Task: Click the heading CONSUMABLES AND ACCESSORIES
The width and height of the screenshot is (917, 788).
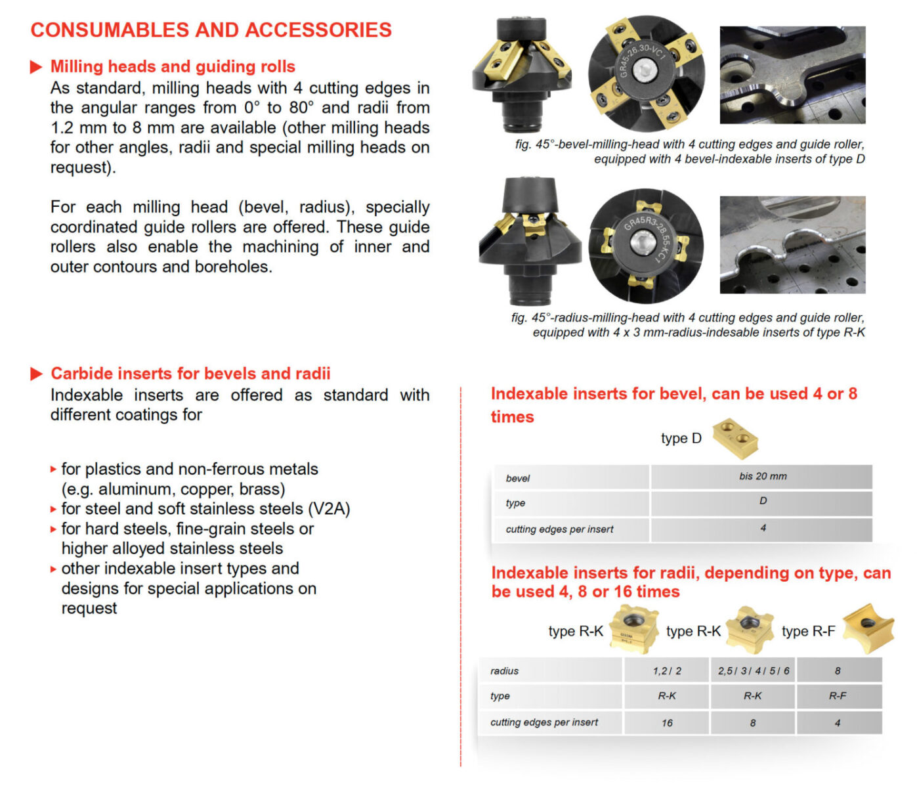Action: pyautogui.click(x=211, y=30)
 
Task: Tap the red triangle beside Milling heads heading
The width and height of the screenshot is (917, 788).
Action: pyautogui.click(x=36, y=67)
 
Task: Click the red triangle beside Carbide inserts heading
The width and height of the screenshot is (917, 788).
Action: pyautogui.click(x=36, y=374)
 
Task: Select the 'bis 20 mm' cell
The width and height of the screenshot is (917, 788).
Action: pyautogui.click(x=762, y=476)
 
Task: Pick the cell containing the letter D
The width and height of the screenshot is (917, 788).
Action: pyautogui.click(x=762, y=501)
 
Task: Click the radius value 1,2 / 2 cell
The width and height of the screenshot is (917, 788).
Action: pyautogui.click(x=666, y=671)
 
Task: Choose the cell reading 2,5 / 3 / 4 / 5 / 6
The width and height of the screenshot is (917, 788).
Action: pyautogui.click(x=753, y=671)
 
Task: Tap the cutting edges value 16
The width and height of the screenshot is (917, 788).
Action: pyautogui.click(x=666, y=723)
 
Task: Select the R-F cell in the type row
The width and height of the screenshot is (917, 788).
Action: pyautogui.click(x=837, y=696)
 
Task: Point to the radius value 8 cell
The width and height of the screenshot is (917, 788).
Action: pyautogui.click(x=837, y=671)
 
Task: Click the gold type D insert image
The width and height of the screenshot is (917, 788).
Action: pyautogui.click(x=735, y=437)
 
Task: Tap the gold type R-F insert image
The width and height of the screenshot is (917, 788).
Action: pyautogui.click(x=868, y=628)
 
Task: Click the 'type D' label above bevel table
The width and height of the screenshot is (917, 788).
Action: pyautogui.click(x=681, y=439)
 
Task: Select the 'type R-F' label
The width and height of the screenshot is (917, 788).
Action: pyautogui.click(x=808, y=632)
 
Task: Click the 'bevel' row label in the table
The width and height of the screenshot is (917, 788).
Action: pyautogui.click(x=518, y=478)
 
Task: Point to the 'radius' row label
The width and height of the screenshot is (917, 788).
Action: pyautogui.click(x=504, y=671)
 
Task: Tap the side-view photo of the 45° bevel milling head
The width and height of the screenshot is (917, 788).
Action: pyautogui.click(x=522, y=76)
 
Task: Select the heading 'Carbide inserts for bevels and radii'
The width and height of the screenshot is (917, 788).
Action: pyautogui.click(x=190, y=374)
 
